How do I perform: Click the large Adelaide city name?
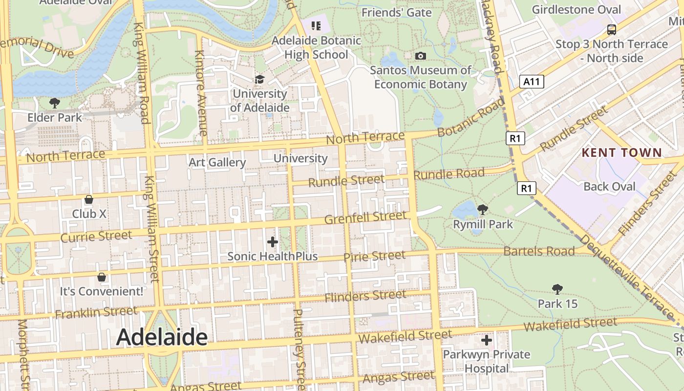162,337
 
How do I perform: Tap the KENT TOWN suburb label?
621,152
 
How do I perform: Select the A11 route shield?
532,82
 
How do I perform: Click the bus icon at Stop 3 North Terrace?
611,29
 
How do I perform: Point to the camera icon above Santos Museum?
420,56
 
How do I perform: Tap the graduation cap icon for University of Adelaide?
259,79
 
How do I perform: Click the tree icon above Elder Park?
54,103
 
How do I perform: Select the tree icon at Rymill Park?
483,210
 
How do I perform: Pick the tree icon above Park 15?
557,289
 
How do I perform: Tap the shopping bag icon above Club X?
89,199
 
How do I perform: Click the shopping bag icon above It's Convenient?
102,277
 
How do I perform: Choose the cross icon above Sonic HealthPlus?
273,241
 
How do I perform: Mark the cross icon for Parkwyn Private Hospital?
486,340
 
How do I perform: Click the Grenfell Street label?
365,217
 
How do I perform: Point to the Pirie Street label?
374,256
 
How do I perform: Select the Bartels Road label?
539,251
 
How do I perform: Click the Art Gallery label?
217,162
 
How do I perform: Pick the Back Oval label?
609,186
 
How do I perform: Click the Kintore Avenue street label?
200,93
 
